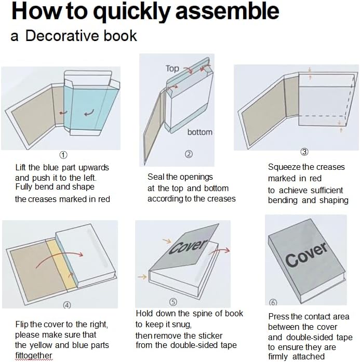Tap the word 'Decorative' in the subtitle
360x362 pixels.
point(63,36)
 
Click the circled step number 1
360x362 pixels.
point(63,155)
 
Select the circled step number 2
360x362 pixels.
point(189,154)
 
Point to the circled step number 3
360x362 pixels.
point(304,152)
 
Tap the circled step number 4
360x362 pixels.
point(67,305)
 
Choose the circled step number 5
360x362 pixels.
point(173,302)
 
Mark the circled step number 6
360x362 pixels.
point(273,302)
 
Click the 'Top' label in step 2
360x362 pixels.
point(172,69)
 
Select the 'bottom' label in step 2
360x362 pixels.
point(200,132)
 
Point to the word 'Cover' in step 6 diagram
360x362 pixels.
point(306,254)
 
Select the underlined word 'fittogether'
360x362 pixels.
point(34,356)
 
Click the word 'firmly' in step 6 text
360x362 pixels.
point(278,356)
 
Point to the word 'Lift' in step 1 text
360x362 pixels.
point(21,167)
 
